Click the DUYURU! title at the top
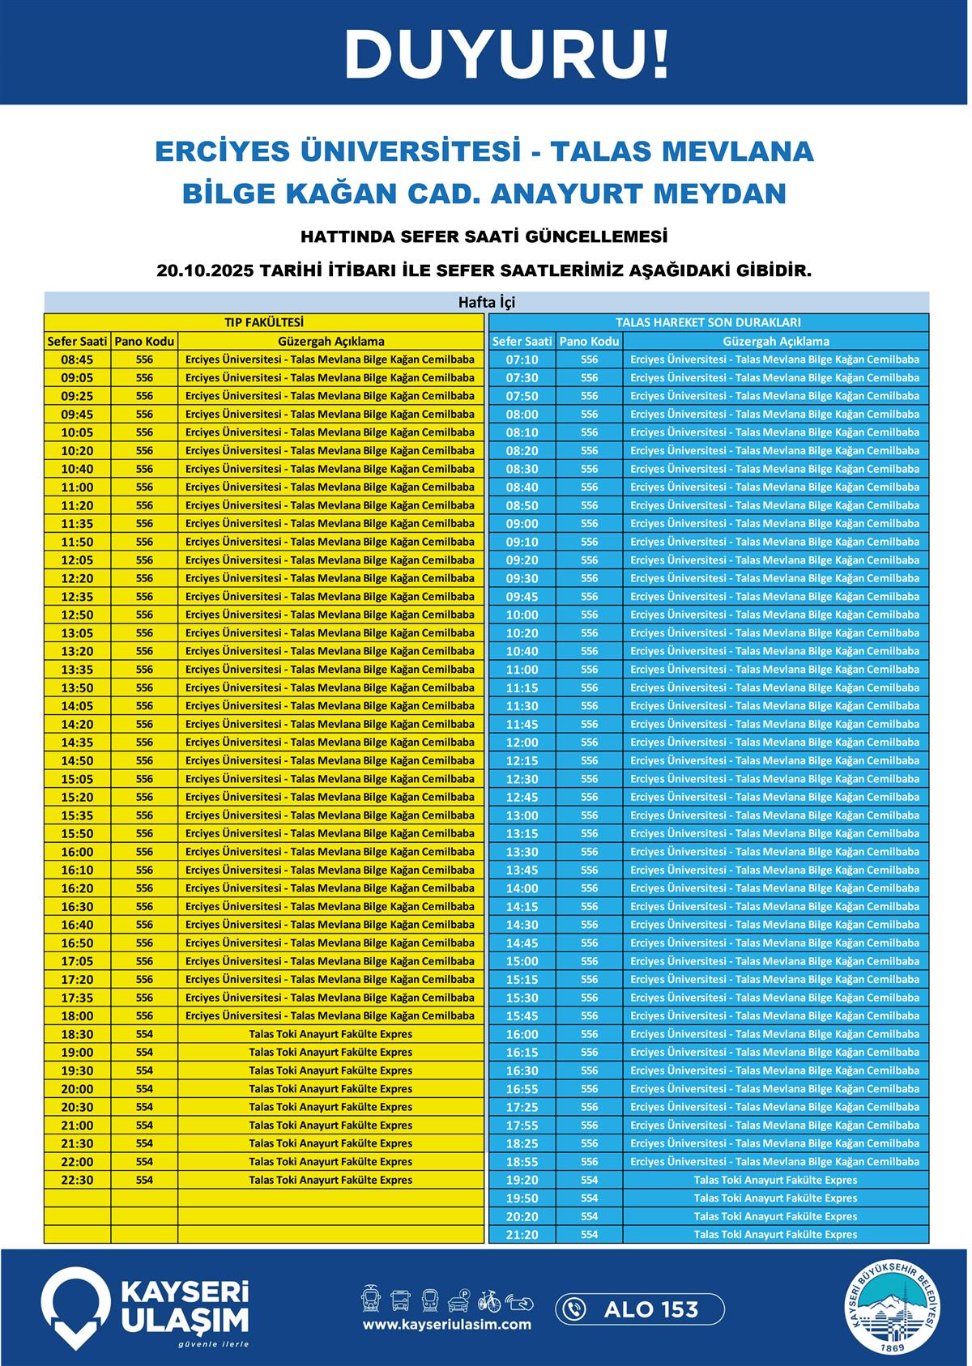(507, 54)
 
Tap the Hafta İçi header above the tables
(486, 303)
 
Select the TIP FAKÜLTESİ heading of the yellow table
(264, 322)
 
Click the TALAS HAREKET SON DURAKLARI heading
(708, 322)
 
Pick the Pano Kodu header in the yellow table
(144, 341)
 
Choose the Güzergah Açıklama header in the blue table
(775, 341)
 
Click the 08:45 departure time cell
(77, 360)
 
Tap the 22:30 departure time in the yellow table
(77, 1180)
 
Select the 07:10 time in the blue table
(522, 360)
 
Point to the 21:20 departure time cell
(522, 1235)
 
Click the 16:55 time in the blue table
(522, 1089)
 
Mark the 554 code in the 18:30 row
(144, 1034)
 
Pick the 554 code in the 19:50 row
(589, 1198)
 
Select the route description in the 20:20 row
(775, 1216)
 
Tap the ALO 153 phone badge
(640, 1309)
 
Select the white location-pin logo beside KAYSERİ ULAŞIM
(75, 1306)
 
